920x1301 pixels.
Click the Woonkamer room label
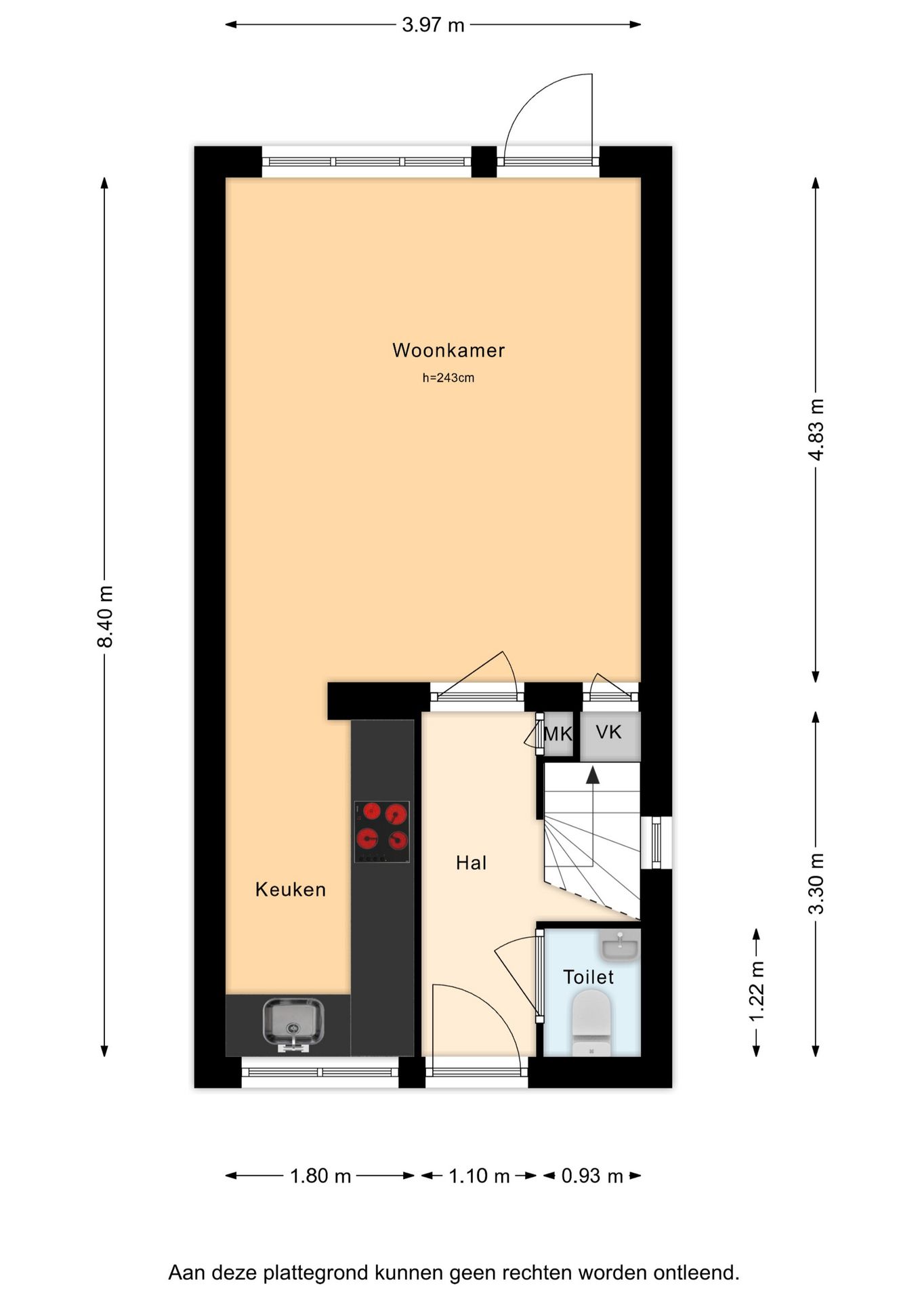(x=448, y=350)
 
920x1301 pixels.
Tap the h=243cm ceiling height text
(x=448, y=378)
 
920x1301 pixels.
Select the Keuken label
(x=291, y=890)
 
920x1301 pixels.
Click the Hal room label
(x=472, y=863)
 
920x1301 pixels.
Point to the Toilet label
(x=589, y=977)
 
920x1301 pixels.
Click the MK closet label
(x=558, y=734)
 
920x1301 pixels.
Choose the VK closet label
(x=609, y=732)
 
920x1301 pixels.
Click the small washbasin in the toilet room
(x=620, y=945)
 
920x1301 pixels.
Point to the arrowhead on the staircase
(x=593, y=775)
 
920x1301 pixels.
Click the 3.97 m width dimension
(x=434, y=25)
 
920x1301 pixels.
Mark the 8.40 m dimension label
(x=105, y=617)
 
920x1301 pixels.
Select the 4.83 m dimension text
(x=816, y=430)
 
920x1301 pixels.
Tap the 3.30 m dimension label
(x=816, y=884)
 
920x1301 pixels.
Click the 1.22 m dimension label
(x=757, y=991)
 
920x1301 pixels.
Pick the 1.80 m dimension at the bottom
(x=320, y=1176)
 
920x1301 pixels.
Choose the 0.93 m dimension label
(x=592, y=1176)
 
